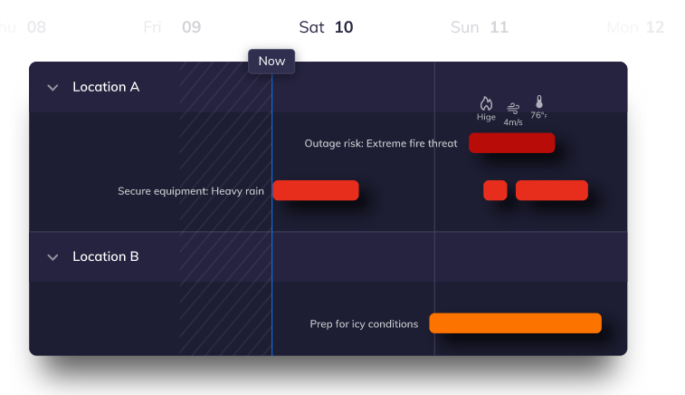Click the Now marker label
(271, 62)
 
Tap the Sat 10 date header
(326, 27)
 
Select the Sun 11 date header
(480, 27)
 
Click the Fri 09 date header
(172, 27)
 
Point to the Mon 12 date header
(635, 27)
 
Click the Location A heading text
(106, 87)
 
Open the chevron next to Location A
(52, 88)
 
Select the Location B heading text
(106, 256)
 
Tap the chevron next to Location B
(52, 257)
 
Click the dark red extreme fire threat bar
(512, 143)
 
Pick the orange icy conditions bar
(516, 323)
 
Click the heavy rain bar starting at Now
(316, 190)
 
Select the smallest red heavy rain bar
(495, 190)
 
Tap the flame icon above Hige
(486, 103)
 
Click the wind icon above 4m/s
(513, 108)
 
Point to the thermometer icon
(539, 101)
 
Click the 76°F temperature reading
(539, 115)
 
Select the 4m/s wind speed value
(513, 122)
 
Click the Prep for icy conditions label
(364, 324)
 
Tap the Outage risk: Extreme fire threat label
(381, 143)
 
